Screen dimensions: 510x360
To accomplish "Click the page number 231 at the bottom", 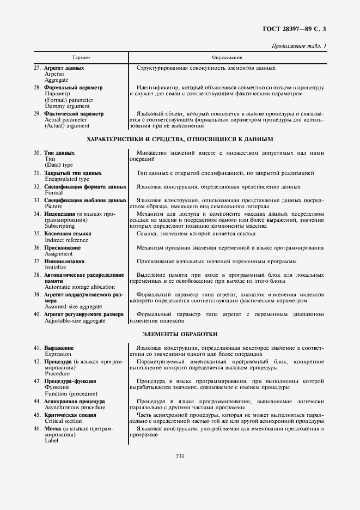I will [x=180, y=456].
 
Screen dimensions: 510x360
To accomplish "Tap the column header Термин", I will [x=81, y=57].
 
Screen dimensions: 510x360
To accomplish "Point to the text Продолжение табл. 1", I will [x=299, y=46].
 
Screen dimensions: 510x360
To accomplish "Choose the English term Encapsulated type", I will [x=67, y=179].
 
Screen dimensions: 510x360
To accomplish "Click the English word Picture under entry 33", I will [x=53, y=207].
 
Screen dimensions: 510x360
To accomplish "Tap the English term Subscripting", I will [x=60, y=226].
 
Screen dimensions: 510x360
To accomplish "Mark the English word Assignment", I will [x=59, y=253].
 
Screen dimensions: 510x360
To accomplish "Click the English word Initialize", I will [x=56, y=268].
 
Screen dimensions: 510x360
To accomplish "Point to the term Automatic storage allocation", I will [x=80, y=287].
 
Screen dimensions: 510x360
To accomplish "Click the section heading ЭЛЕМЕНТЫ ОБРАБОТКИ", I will [x=180, y=333].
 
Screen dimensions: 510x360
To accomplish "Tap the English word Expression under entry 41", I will [x=58, y=353].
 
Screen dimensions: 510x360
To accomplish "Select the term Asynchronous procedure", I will [x=75, y=407].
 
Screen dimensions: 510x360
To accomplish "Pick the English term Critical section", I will [x=64, y=421].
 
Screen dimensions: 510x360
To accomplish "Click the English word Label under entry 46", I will [x=52, y=440].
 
